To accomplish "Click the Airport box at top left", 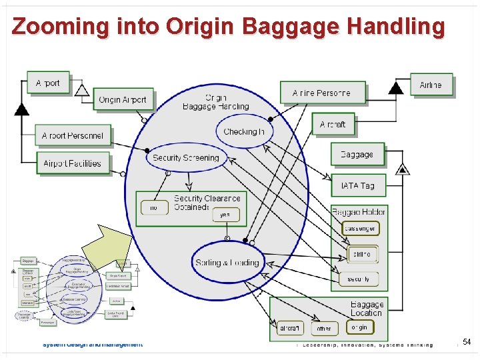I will (48, 83).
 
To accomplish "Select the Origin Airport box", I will (123, 99).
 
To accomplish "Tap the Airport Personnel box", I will (73, 135).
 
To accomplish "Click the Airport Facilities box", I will (73, 163).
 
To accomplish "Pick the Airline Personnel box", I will (323, 93).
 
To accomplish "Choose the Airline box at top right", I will (431, 85).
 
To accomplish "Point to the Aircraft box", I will (333, 124).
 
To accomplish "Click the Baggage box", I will (357, 154).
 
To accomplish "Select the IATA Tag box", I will (358, 185).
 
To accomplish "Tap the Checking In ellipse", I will (244, 131).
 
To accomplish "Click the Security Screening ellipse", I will (186, 158).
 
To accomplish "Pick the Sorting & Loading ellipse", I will (227, 262).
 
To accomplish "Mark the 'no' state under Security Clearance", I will (154, 208).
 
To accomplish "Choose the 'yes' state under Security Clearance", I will (225, 215).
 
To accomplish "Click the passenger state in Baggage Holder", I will (360, 229).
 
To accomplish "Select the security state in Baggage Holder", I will (358, 279).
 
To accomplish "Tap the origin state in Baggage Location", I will (359, 327).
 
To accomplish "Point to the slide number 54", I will (467, 341).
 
